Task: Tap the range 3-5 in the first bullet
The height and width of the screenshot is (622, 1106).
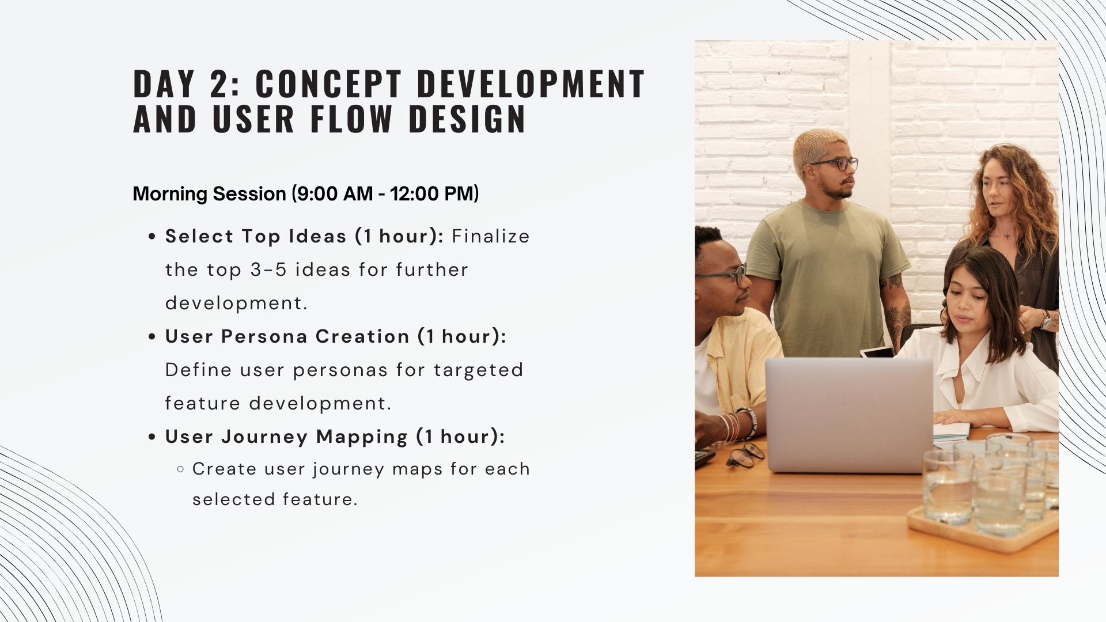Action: [x=268, y=270]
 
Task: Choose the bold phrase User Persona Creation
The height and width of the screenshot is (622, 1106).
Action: [x=287, y=336]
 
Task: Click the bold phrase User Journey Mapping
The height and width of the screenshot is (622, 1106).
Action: [x=287, y=437]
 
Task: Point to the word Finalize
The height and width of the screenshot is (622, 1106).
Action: [x=491, y=236]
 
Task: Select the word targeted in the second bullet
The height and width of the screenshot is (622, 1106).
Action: [x=478, y=370]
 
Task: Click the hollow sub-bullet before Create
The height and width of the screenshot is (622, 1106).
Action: [x=181, y=469]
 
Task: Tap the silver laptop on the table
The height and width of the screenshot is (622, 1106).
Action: [x=849, y=415]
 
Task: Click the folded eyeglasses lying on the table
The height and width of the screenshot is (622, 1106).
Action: [x=745, y=454]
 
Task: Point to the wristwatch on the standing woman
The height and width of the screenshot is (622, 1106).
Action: [x=1046, y=320]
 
